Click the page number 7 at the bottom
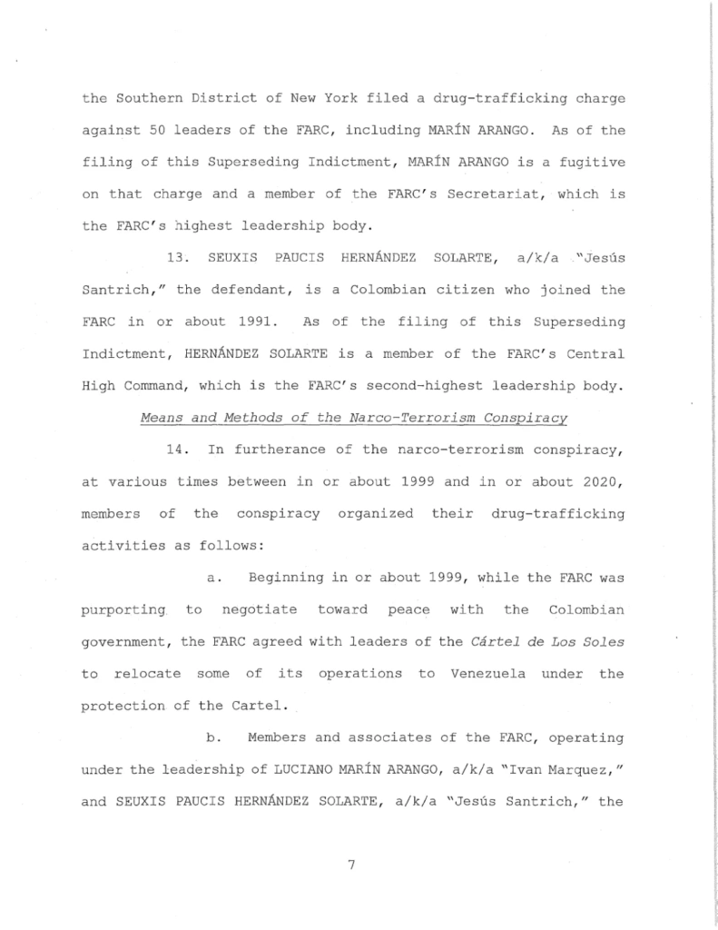[350, 865]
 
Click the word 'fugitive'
[595, 163]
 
